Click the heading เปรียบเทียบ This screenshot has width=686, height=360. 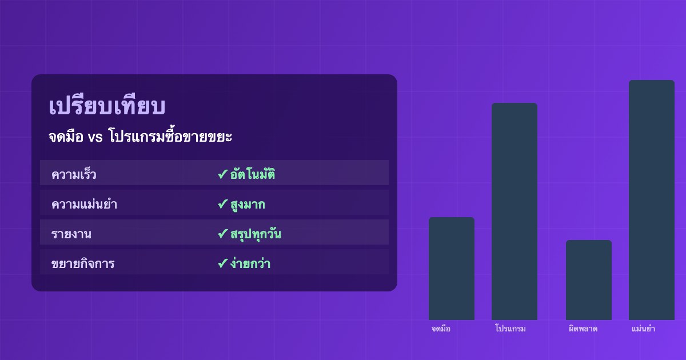click(107, 107)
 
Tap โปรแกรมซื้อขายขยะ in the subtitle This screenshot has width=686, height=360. click(170, 138)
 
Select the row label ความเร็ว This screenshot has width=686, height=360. click(74, 175)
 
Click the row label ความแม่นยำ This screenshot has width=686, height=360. click(84, 205)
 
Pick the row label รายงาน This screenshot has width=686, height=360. click(71, 234)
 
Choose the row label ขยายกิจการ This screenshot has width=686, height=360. click(83, 264)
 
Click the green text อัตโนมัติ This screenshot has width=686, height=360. click(253, 175)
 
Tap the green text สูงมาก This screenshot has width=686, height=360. click(248, 205)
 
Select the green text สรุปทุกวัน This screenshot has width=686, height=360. click(256, 234)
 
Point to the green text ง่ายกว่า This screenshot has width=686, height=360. click(250, 264)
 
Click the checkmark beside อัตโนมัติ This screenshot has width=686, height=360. click(222, 175)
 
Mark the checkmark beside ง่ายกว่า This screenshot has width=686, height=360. click(222, 264)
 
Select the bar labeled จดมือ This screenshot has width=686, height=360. click(452, 269)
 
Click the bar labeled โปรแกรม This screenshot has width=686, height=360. click(514, 211)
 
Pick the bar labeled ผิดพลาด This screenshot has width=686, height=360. click(589, 280)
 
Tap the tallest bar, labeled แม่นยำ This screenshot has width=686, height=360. click(652, 200)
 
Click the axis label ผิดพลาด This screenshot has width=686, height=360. click(583, 329)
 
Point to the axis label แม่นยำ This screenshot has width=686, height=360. click(644, 329)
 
